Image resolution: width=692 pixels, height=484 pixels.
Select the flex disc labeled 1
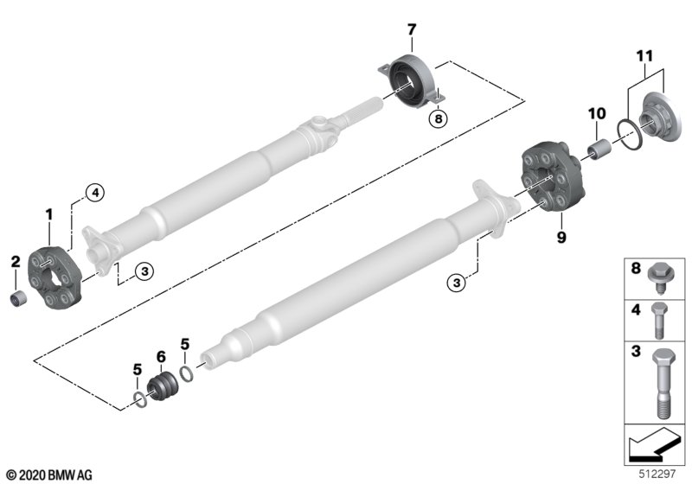[x=54, y=277]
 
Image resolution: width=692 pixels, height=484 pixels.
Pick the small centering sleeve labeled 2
[x=18, y=299]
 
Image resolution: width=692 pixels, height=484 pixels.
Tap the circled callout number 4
[x=95, y=192]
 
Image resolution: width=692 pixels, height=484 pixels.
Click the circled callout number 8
[x=438, y=118]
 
